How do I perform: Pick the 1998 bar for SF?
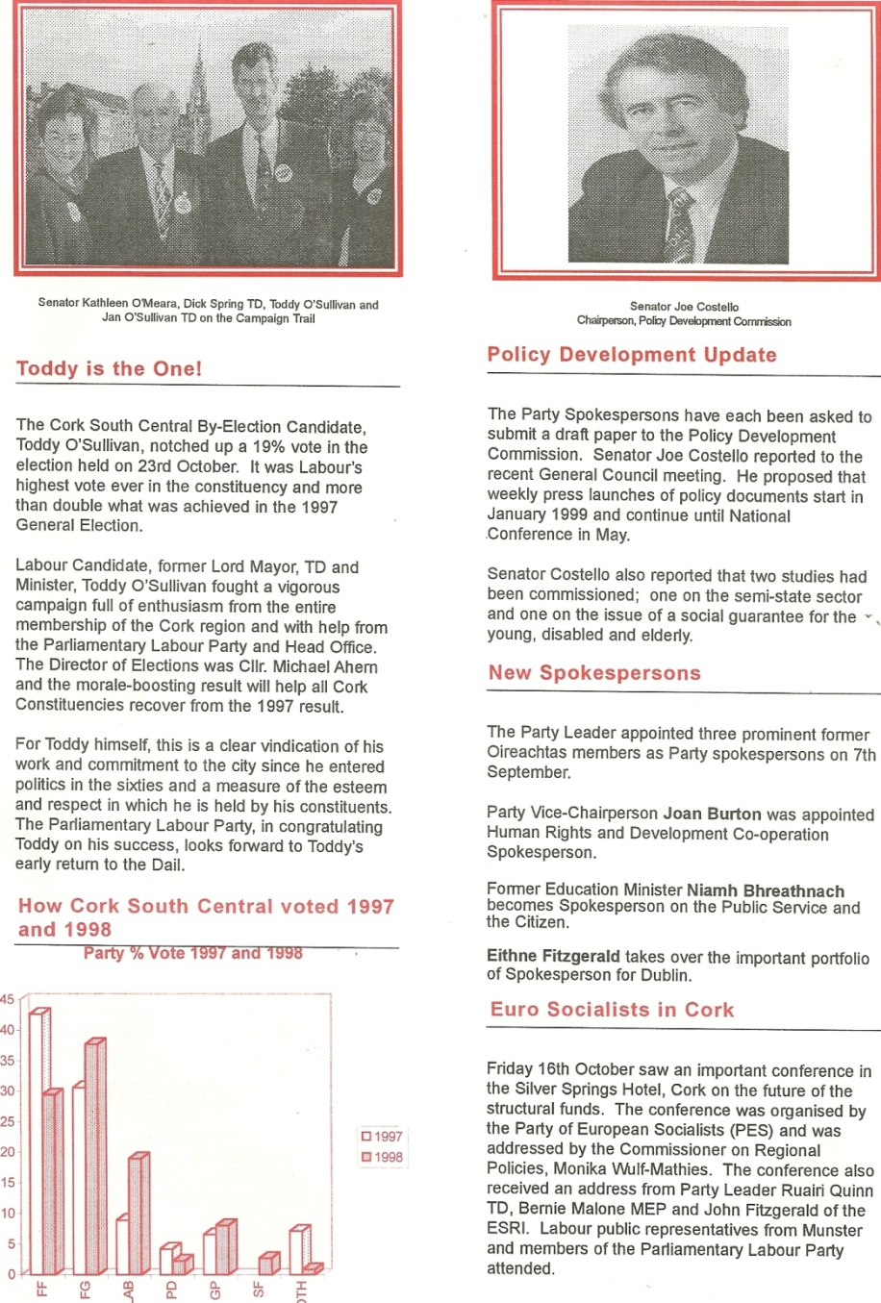coord(268,1264)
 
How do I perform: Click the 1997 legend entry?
coord(382,1137)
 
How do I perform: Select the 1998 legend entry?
coord(382,1158)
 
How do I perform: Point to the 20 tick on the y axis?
coord(8,1152)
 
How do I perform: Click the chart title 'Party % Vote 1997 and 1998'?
coord(192,954)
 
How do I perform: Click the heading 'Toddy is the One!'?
coord(110,369)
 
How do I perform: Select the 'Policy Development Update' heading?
coord(632,355)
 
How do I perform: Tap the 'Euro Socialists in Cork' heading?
coord(612,1010)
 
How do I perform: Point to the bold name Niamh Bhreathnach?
coord(766,891)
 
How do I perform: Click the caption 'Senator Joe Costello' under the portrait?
coord(684,307)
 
